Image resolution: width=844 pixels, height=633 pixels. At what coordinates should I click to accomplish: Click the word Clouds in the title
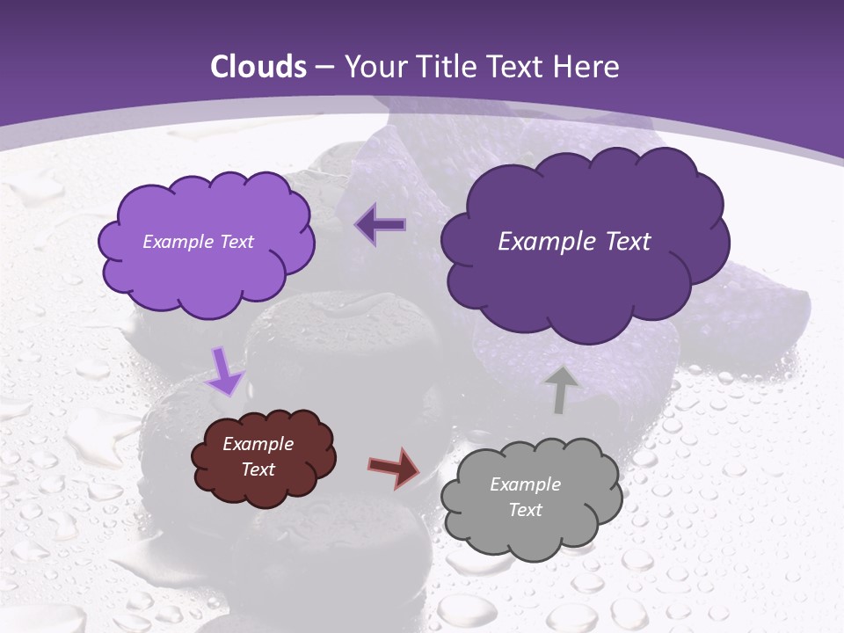[x=258, y=67]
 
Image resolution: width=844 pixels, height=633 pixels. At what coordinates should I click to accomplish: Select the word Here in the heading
[x=587, y=67]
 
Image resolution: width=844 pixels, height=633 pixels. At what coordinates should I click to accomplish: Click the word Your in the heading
[x=375, y=67]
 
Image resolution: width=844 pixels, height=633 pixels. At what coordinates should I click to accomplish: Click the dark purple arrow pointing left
[x=382, y=225]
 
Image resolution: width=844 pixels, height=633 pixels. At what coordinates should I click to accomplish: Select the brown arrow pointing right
[x=395, y=467]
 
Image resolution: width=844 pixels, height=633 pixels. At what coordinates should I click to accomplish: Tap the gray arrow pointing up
[x=560, y=389]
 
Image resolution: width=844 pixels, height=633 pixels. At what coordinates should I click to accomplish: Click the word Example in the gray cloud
[x=525, y=484]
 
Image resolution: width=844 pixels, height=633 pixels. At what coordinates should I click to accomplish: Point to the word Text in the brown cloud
[x=258, y=469]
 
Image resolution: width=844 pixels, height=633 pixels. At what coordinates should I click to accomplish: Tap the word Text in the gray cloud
[x=525, y=510]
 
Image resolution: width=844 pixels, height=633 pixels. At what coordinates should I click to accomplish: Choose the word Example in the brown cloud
[x=258, y=444]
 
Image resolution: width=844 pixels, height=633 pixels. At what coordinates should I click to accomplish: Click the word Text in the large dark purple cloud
[x=626, y=242]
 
